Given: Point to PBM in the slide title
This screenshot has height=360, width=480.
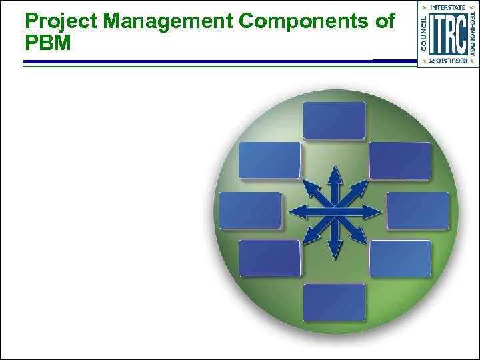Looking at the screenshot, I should click(48, 43).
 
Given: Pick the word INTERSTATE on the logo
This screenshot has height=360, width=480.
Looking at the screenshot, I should click(448, 7).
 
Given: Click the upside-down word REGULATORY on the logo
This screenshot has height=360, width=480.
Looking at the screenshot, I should click(448, 61).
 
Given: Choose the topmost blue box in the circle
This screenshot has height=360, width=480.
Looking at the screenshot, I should click(334, 121).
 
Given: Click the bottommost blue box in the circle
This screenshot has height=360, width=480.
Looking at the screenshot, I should click(334, 302).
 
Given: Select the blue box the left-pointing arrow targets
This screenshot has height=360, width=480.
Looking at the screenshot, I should click(250, 211).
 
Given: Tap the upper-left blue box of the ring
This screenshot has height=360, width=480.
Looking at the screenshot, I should click(269, 161).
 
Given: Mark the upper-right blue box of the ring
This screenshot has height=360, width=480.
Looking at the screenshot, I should click(400, 161).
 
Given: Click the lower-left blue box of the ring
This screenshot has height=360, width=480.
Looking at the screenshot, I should click(269, 259).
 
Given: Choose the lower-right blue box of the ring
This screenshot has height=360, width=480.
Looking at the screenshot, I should click(400, 259).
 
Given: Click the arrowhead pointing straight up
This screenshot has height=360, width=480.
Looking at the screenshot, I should click(335, 172).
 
